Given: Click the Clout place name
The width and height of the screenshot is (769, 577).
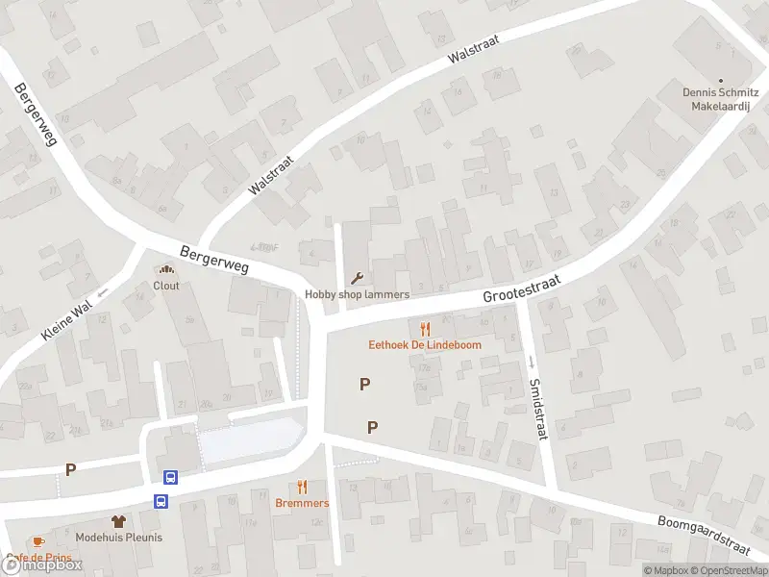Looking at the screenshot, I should pyautogui.click(x=166, y=286).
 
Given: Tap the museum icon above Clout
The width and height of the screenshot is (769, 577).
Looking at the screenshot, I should pyautogui.click(x=166, y=270).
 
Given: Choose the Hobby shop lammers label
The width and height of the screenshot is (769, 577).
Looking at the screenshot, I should pyautogui.click(x=358, y=294).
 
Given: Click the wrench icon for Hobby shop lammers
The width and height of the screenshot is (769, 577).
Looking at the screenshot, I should pyautogui.click(x=358, y=279).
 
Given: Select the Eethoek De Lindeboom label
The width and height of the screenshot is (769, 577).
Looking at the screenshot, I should pyautogui.click(x=425, y=344).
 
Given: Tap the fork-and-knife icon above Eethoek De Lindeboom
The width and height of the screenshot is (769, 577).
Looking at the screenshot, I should pyautogui.click(x=425, y=329).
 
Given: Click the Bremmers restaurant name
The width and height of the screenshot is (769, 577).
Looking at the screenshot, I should pyautogui.click(x=302, y=503).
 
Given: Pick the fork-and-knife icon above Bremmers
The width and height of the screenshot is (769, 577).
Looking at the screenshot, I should pyautogui.click(x=302, y=488).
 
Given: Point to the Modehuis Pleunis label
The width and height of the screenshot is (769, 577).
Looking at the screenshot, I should pyautogui.click(x=119, y=538).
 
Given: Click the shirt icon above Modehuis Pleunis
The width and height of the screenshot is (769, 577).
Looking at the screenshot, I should pyautogui.click(x=119, y=521).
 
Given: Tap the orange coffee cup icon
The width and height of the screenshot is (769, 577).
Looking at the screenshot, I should pyautogui.click(x=37, y=542).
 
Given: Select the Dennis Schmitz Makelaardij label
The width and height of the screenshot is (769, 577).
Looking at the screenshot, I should pyautogui.click(x=721, y=100).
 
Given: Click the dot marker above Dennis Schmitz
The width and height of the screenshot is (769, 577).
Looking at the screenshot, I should pyautogui.click(x=721, y=81).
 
